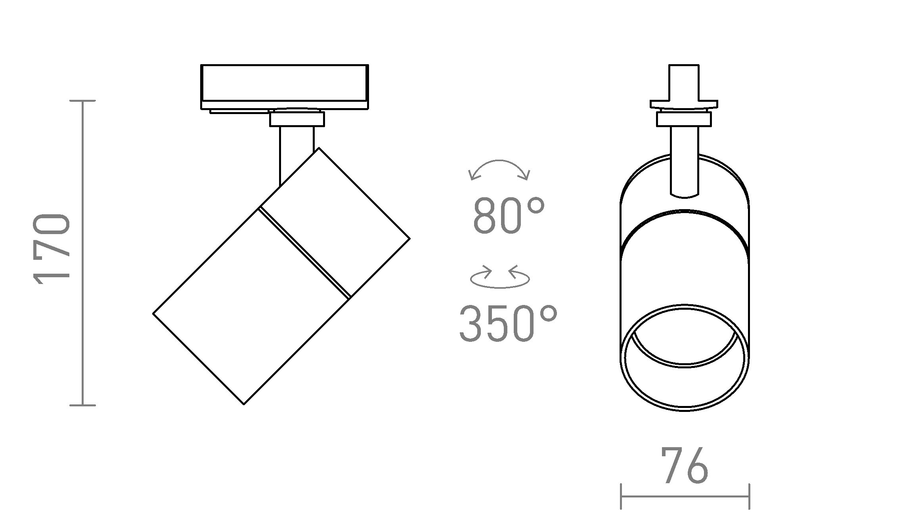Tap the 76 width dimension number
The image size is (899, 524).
pos(685,466)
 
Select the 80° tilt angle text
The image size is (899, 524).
pos(509,217)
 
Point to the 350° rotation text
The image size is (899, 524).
pos(508,324)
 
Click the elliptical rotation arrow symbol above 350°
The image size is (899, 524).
pos(500,277)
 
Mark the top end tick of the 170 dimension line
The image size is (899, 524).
pos(82,101)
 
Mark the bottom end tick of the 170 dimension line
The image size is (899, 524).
pos(82,405)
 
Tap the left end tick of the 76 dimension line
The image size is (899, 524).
pos(621,496)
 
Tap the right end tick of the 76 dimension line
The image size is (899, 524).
pos(749,496)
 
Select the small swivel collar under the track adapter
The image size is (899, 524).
pos(297,119)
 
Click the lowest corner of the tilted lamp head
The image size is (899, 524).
pos(244,404)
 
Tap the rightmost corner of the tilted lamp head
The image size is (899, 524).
pos(409,238)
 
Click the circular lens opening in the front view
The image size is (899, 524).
pos(685,358)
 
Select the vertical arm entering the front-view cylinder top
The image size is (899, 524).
pos(685,162)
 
